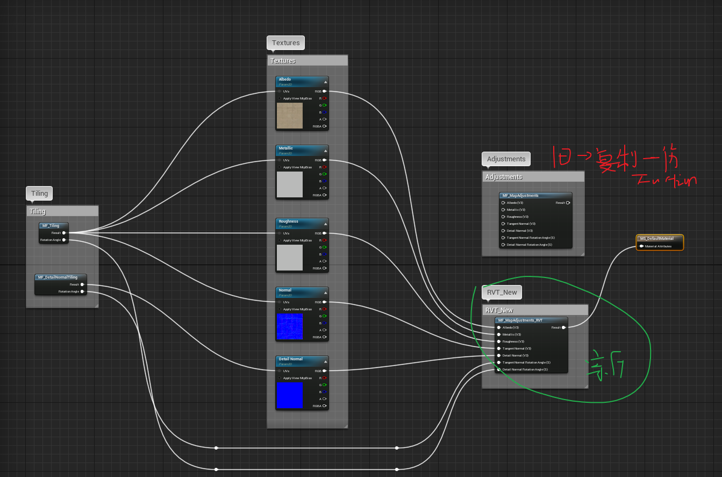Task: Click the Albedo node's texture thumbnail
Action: [x=289, y=116]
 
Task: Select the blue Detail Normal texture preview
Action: [x=289, y=395]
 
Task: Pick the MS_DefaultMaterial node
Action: [x=660, y=239]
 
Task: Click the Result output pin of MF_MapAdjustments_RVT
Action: [x=563, y=327]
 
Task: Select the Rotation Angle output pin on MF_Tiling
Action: [x=64, y=240]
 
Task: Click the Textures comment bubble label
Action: [x=285, y=43]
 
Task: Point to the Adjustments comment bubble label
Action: [x=506, y=159]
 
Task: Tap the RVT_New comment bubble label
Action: [x=502, y=293]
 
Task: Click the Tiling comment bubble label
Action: [x=39, y=194]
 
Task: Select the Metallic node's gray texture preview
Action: [x=289, y=184]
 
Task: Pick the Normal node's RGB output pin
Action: [x=324, y=302]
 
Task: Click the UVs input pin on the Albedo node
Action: [x=280, y=91]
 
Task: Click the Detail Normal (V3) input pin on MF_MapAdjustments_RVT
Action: [x=499, y=355]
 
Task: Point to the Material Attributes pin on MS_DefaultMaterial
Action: [x=641, y=246]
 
